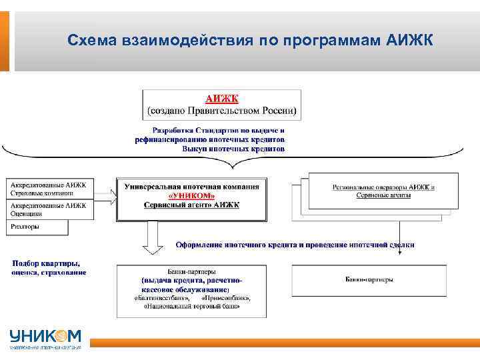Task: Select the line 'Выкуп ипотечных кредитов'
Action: click(233, 149)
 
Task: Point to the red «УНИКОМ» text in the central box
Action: click(191, 195)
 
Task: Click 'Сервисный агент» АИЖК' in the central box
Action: click(191, 205)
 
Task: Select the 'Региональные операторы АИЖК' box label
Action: click(383, 186)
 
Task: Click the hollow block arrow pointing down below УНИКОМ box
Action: click(153, 237)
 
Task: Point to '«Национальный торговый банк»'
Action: click(191, 307)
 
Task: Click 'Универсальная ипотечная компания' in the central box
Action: click(191, 186)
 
